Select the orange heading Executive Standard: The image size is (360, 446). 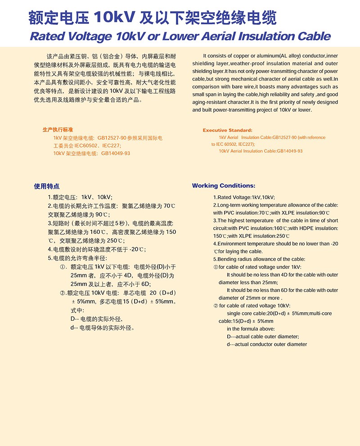(227, 130)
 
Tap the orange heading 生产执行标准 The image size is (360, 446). (58, 129)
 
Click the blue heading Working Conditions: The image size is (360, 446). (223, 186)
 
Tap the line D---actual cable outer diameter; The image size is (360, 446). (262, 337)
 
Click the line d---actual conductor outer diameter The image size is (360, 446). (266, 344)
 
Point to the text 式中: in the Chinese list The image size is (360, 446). (77, 310)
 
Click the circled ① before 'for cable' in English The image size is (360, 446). (216, 267)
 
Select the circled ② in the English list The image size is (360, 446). (216, 305)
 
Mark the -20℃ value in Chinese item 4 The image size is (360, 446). (137, 249)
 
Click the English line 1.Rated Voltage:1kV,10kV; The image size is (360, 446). (244, 197)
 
